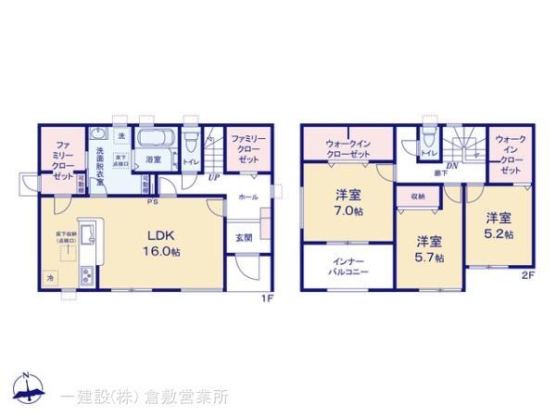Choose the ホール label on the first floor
[247, 196]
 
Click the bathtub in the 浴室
[154, 141]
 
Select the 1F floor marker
[266, 297]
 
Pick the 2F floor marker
[528, 275]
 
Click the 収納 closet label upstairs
[417, 196]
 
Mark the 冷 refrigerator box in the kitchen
[50, 277]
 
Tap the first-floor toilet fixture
[190, 144]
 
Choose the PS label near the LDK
[151, 199]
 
